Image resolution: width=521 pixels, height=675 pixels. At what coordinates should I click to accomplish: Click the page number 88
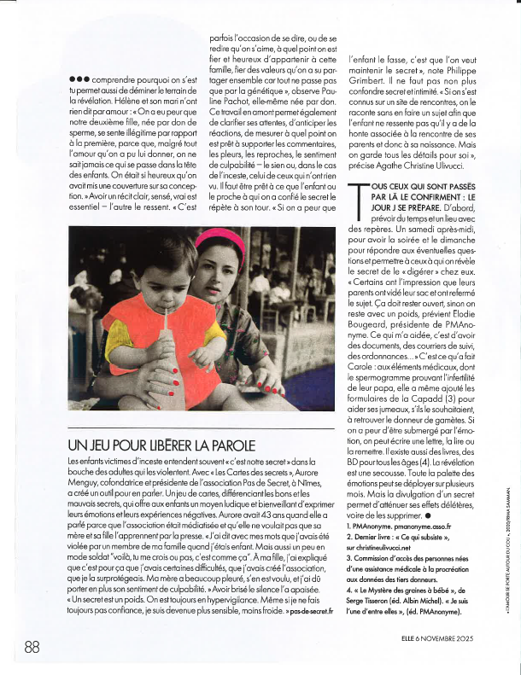33,647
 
